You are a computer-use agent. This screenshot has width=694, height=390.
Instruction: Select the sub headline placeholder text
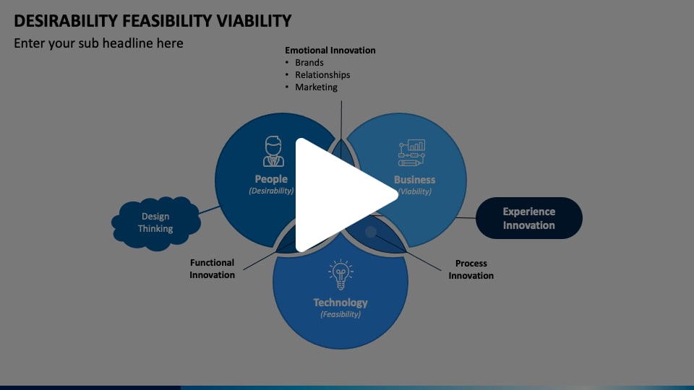point(98,43)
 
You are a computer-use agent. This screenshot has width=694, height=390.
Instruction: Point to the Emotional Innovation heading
point(330,51)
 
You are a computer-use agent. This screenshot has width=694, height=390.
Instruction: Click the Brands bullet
point(309,63)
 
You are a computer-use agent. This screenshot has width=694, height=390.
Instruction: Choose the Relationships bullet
point(322,75)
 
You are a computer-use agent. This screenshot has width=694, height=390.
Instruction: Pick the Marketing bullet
point(316,87)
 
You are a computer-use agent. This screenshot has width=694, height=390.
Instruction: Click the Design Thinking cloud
point(156,222)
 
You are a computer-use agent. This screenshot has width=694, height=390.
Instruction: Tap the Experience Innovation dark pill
point(528,218)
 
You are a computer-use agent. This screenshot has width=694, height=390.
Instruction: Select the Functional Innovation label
point(213,269)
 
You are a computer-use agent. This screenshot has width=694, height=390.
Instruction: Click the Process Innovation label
point(471,269)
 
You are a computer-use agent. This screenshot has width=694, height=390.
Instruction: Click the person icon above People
point(273,151)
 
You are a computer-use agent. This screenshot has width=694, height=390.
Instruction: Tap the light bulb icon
point(340,275)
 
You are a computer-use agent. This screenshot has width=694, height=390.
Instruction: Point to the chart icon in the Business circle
point(412,153)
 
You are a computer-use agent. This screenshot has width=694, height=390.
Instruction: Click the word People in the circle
point(271,179)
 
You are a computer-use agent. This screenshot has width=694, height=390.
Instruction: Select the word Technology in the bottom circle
point(340,303)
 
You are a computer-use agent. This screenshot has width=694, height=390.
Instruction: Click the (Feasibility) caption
point(340,314)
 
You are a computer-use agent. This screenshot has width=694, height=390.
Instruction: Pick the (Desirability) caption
point(271,191)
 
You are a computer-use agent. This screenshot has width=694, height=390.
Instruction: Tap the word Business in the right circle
point(414,179)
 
